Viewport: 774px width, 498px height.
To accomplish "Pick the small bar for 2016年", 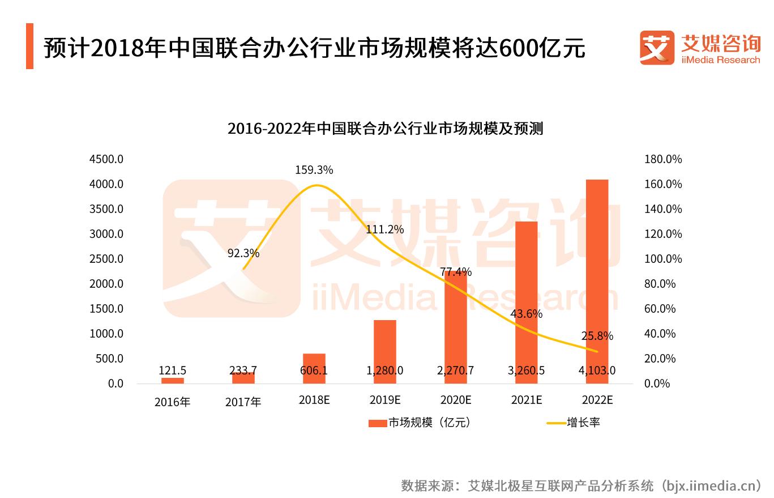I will pos(172,380).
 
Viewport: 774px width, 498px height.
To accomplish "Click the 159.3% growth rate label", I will pos(314,169).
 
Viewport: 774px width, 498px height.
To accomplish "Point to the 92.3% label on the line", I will pos(243,253).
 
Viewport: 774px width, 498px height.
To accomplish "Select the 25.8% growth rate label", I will pos(597,336).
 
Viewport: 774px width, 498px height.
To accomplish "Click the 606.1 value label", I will pos(314,371).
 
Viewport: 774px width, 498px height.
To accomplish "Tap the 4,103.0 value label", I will pos(597,371).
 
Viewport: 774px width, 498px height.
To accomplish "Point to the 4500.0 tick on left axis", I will pos(106,159).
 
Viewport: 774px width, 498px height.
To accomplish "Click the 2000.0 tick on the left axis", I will pos(106,284).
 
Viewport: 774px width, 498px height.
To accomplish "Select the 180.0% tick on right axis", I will pos(663,159).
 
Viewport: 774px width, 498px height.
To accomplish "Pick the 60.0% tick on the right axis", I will pos(660,309).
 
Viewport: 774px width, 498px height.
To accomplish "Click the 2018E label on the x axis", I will pos(314,400).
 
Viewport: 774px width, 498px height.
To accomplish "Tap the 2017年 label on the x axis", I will pos(243,402).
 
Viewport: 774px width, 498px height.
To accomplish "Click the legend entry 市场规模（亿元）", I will pos(420,423).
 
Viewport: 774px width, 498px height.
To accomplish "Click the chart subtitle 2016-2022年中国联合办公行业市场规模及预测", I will pos(385,129).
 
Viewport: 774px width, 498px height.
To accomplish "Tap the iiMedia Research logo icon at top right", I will pos(657,48).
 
